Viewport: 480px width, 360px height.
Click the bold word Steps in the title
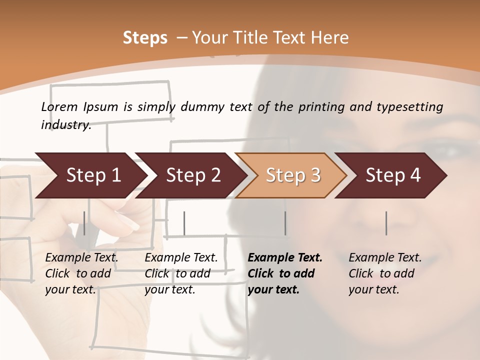pos(145,38)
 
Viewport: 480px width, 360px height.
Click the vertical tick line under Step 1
pos(84,223)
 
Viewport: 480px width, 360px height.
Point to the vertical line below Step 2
pos(184,223)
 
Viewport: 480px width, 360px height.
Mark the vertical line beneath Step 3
pos(285,223)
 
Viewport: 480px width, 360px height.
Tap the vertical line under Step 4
pos(386,223)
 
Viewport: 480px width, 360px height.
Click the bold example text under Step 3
pos(285,273)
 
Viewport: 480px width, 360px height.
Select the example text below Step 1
pos(81,273)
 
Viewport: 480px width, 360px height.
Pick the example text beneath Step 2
pos(181,273)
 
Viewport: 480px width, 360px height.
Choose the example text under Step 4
pos(385,273)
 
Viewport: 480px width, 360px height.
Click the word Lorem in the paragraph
pos(59,106)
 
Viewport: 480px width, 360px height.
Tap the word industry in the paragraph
pos(66,125)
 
